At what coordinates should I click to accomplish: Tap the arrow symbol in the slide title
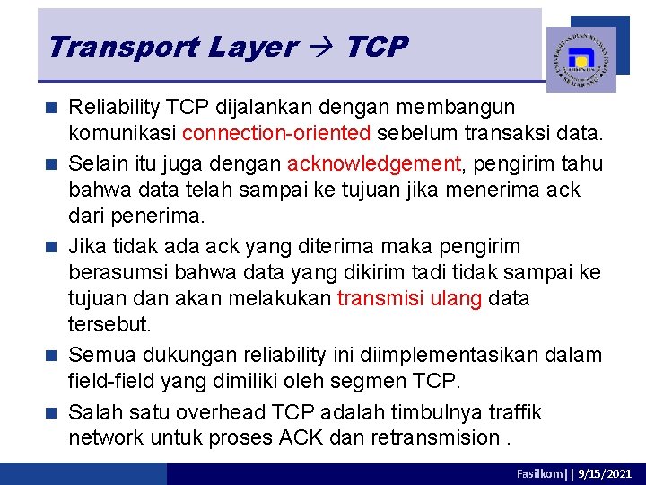[x=320, y=47]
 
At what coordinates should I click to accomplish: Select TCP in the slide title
[x=376, y=47]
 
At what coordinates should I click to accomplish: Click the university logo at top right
[x=581, y=59]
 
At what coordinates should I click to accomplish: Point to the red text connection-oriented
[x=276, y=133]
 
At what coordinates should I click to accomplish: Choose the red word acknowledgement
[x=372, y=163]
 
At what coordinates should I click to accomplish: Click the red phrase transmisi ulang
[x=409, y=298]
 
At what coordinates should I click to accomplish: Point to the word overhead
[x=226, y=412]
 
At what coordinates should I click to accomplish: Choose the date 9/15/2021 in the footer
[x=608, y=473]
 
